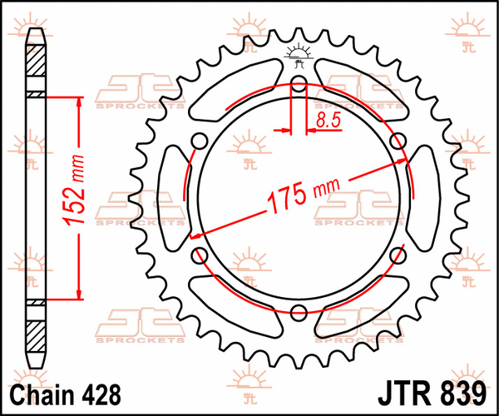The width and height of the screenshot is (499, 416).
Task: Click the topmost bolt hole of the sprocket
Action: tap(299, 82)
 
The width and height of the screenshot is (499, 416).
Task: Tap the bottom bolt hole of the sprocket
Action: tap(299, 312)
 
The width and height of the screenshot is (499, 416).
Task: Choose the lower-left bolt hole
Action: tap(200, 255)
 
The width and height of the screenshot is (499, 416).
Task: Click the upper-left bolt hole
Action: tap(200, 139)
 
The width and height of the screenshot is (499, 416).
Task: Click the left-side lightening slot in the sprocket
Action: tap(176, 197)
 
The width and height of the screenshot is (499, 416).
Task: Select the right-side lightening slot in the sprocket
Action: tap(422, 197)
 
